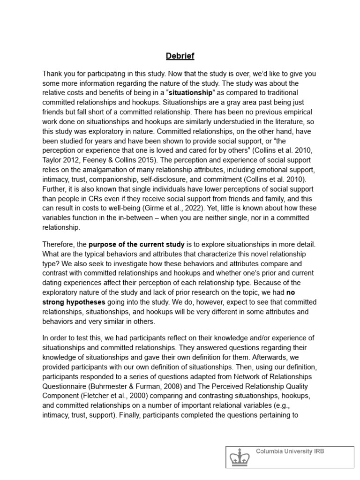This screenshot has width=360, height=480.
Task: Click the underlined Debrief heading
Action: coord(180,56)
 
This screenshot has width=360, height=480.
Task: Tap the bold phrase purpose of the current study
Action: coord(136,244)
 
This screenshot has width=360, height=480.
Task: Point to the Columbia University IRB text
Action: coord(290,451)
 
